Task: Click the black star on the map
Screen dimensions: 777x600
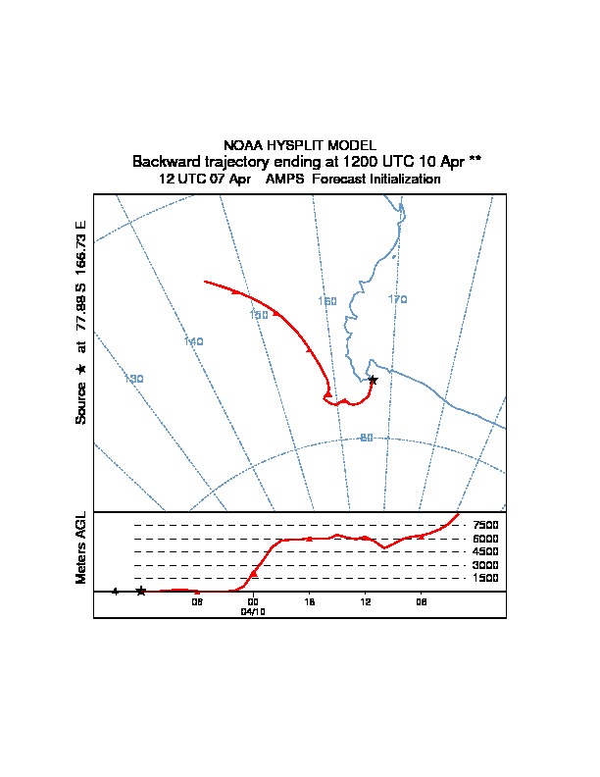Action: (x=373, y=380)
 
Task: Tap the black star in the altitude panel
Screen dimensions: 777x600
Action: (x=141, y=591)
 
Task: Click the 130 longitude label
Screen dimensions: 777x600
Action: (x=135, y=379)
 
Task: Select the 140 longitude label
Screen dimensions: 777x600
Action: (x=193, y=341)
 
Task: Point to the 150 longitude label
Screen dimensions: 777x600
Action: (x=259, y=315)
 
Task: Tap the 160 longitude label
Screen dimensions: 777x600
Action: (x=327, y=301)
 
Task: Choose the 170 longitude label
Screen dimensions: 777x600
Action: (x=397, y=299)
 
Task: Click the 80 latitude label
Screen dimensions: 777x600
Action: (x=366, y=438)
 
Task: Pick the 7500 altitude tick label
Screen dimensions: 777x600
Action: (x=486, y=525)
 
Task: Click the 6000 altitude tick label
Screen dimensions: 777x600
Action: (x=486, y=539)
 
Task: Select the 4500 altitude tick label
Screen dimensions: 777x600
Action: (x=486, y=552)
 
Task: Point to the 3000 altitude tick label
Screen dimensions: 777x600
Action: (x=486, y=565)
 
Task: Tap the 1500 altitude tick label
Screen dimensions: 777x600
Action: (x=486, y=579)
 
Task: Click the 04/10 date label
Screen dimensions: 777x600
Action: (x=253, y=611)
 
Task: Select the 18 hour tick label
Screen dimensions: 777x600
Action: (x=310, y=601)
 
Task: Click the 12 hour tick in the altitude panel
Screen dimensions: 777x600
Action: (x=366, y=601)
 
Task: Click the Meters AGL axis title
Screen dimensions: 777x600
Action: (x=82, y=547)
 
